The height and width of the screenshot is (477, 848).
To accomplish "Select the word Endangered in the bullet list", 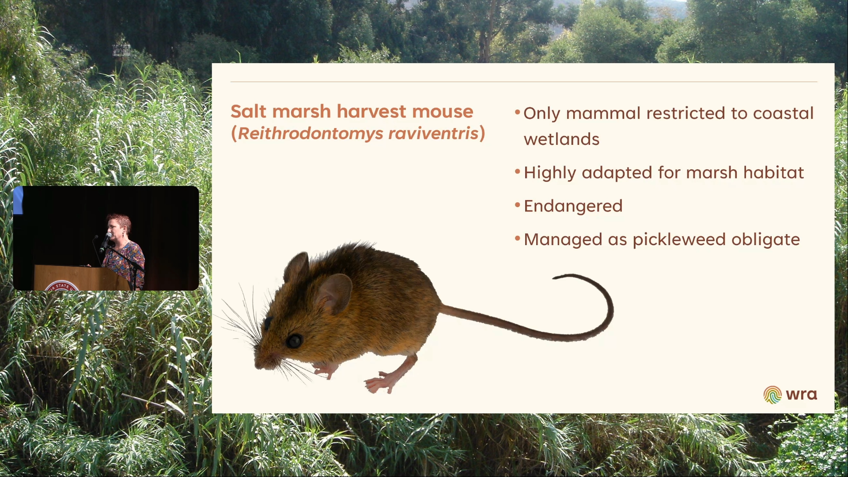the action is tap(573, 206).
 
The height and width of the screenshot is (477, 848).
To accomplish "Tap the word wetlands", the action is tap(561, 140).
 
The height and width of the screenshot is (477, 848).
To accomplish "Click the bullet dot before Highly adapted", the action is tap(518, 171).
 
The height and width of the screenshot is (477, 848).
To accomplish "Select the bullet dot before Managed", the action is tap(518, 238).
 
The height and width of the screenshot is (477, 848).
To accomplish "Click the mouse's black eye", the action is tap(294, 341).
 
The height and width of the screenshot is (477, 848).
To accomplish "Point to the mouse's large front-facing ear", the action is tap(334, 292).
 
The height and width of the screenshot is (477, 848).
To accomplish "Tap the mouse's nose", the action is tap(257, 364).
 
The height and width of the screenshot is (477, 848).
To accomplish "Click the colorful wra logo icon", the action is tap(772, 394).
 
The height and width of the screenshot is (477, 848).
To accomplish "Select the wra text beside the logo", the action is tap(801, 394).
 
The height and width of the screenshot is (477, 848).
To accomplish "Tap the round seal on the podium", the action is tap(62, 286).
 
